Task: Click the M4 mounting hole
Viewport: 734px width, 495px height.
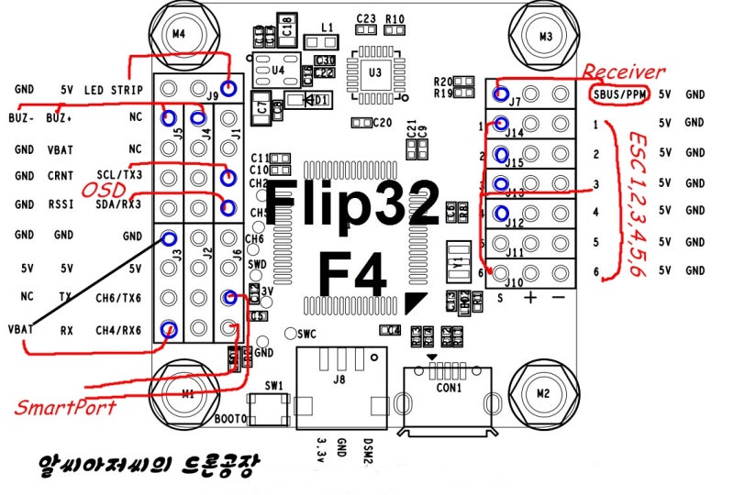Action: pos(180,34)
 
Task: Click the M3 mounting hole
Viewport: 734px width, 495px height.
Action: pos(545,37)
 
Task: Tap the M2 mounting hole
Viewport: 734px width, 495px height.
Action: pos(542,393)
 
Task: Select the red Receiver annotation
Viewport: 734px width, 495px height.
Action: pos(623,71)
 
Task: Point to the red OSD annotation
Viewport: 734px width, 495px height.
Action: pos(103,189)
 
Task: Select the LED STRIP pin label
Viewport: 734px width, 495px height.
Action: pos(114,90)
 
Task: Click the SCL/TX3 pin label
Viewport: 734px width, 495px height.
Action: pos(118,175)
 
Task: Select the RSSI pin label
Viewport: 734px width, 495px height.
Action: pos(62,205)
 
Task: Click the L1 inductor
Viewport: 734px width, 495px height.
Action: pos(320,41)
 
